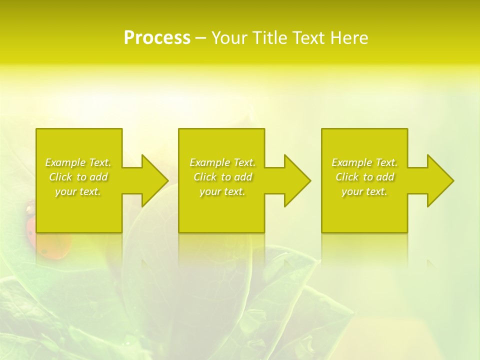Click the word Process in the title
click(157, 38)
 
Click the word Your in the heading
click(229, 38)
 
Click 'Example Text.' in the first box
click(78, 162)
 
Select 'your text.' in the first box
click(78, 191)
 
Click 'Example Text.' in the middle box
click(222, 162)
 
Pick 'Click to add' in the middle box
click(222, 177)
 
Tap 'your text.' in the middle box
click(222, 191)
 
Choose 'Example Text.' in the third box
click(364, 162)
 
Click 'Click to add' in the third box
click(364, 177)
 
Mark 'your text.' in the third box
click(364, 191)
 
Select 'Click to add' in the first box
click(78, 177)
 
